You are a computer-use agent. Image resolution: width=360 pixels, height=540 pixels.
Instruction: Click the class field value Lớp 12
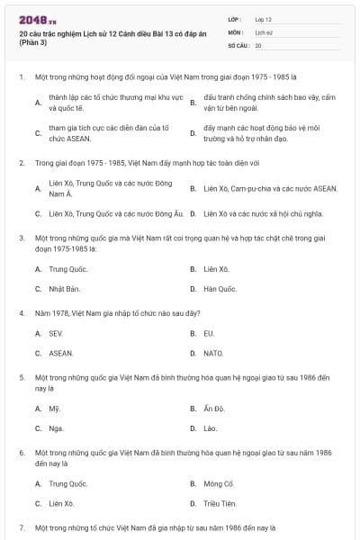point(264,19)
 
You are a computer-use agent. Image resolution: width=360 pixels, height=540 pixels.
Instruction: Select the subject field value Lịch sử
point(263,31)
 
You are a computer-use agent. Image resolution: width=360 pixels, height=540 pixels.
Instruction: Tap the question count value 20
point(258,44)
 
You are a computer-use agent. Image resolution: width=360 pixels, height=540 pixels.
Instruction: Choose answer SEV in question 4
point(56,333)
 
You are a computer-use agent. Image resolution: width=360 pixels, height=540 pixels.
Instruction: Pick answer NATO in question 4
point(213,353)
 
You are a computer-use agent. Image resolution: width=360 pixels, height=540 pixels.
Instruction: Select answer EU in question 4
point(209,333)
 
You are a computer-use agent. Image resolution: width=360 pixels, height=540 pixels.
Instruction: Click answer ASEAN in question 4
point(61,353)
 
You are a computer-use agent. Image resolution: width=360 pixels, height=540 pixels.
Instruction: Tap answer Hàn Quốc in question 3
point(220,289)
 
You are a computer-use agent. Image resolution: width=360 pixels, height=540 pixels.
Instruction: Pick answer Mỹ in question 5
point(54,409)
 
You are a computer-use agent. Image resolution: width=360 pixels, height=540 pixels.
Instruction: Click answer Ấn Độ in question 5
point(214,409)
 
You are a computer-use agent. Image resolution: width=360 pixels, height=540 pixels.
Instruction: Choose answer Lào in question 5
point(211,428)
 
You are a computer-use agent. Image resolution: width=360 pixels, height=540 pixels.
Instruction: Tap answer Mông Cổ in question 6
point(219,483)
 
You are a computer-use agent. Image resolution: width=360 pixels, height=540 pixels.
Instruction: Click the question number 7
point(22,526)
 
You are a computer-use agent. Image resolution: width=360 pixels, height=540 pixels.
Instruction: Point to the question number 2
point(22,164)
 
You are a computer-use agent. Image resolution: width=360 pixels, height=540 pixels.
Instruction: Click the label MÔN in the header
point(235,31)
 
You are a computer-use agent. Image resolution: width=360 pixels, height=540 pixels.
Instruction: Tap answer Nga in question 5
point(56,428)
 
